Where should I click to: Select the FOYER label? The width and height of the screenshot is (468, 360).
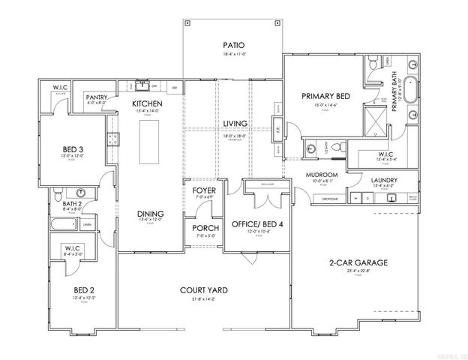point(205,190)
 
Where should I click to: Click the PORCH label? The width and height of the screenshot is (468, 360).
point(205,228)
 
